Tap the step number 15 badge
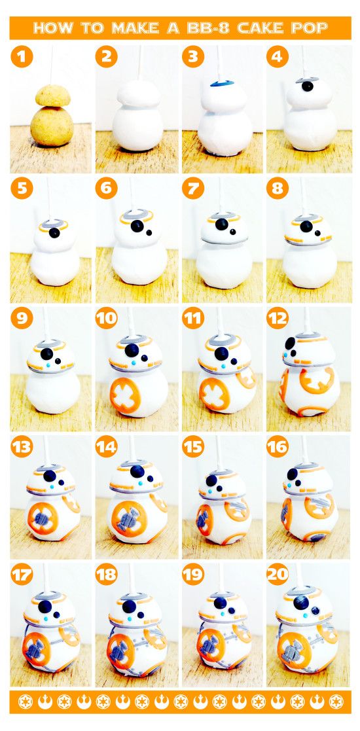(x=193, y=447)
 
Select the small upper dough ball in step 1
(x=53, y=95)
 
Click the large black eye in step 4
(x=307, y=86)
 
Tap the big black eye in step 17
(x=45, y=607)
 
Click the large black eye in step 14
(x=137, y=471)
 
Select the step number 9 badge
(x=22, y=319)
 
